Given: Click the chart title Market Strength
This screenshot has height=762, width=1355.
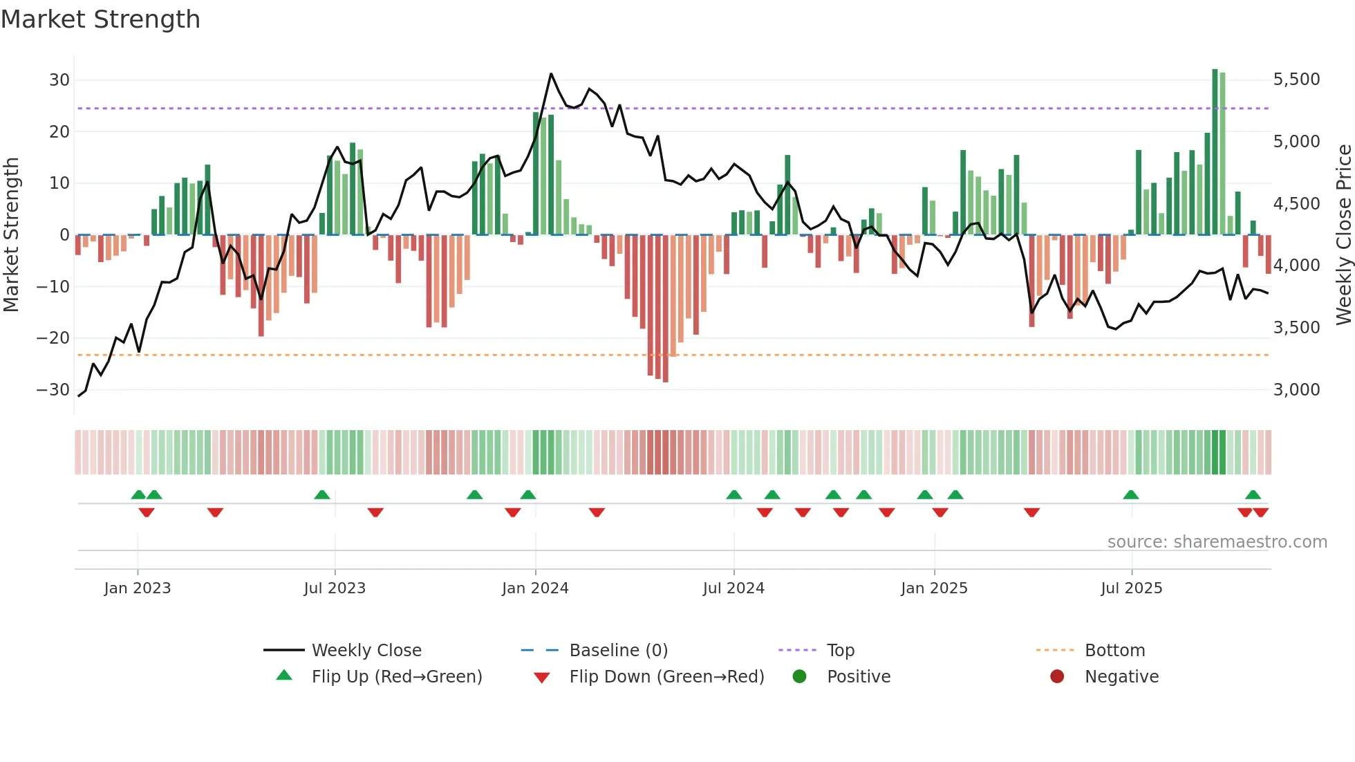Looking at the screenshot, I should [x=100, y=19].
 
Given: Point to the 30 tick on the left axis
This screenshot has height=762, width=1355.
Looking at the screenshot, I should [x=59, y=80].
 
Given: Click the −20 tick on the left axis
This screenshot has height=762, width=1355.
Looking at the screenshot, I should [x=53, y=338].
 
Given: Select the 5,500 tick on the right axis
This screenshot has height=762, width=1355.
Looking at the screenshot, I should [x=1296, y=80].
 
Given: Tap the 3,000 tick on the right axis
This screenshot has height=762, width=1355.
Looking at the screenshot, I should [x=1296, y=390].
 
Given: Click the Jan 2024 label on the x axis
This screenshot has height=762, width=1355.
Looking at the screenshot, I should [x=535, y=588].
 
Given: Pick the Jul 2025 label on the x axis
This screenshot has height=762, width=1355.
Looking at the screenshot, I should [x=1131, y=588].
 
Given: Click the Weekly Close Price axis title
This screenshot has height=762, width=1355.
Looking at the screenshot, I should [x=1343, y=235].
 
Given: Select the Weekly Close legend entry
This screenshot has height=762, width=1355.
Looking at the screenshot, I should [x=366, y=651].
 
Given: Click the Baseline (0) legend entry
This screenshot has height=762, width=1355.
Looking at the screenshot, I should [x=618, y=651].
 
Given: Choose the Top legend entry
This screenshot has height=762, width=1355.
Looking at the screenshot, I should [x=840, y=651].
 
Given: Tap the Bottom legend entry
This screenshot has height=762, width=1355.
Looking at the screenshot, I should [x=1114, y=651].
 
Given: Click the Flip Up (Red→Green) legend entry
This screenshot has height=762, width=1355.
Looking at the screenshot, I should [x=396, y=677].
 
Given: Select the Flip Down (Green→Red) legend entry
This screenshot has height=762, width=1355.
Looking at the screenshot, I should [x=666, y=677].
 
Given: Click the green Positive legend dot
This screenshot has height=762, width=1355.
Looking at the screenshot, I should [x=799, y=677].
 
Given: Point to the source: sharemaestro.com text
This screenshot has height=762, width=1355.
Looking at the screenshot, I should [x=1217, y=542].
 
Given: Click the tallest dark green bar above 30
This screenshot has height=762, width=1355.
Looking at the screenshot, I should [x=1215, y=152].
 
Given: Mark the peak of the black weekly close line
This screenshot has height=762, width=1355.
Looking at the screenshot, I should [x=551, y=73].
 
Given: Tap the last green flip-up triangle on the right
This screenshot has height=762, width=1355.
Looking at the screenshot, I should [x=1253, y=495].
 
